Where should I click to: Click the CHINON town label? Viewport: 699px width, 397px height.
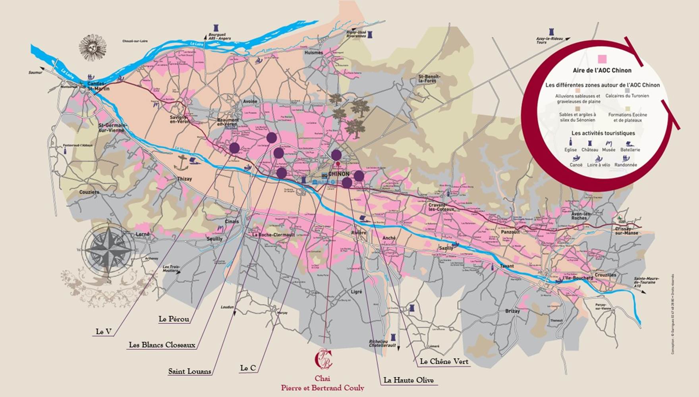pos(339,174)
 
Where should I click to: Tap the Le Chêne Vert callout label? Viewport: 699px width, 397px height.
pos(444,362)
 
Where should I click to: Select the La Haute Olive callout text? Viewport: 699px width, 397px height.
pos(408,380)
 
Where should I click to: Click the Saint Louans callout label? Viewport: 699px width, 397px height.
pos(189,372)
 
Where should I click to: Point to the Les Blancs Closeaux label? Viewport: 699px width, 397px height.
pos(162,345)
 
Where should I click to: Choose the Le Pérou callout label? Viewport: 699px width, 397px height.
pos(174,319)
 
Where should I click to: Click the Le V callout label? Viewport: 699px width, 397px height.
pos(104,331)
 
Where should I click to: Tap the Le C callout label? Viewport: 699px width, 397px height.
pos(248,368)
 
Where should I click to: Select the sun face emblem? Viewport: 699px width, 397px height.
pos(93,47)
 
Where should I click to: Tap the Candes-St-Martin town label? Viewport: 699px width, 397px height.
pos(98,86)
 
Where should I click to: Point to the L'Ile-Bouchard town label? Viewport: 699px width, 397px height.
pos(577,278)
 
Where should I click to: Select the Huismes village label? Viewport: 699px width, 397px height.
pos(313,52)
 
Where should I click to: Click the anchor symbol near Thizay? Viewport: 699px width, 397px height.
pos(182,162)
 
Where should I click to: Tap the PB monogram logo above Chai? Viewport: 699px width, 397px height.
pos(323,358)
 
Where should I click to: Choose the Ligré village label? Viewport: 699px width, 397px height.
pos(356,292)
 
